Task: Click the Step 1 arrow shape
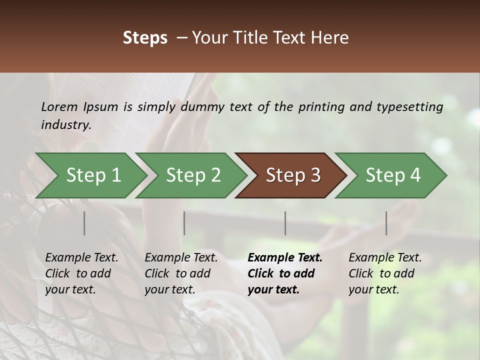click(92, 175)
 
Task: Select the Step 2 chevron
click(192, 175)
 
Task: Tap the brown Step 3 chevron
click(292, 175)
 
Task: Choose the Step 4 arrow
click(392, 175)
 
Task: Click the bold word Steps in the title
click(145, 38)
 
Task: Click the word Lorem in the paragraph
click(59, 106)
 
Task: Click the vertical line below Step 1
click(84, 223)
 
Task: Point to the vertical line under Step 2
click(184, 223)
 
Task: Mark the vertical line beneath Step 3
click(285, 223)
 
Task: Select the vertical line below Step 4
click(386, 223)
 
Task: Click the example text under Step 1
click(81, 273)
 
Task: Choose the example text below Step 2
click(181, 273)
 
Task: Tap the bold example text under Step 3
click(285, 273)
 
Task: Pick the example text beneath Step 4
click(385, 273)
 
